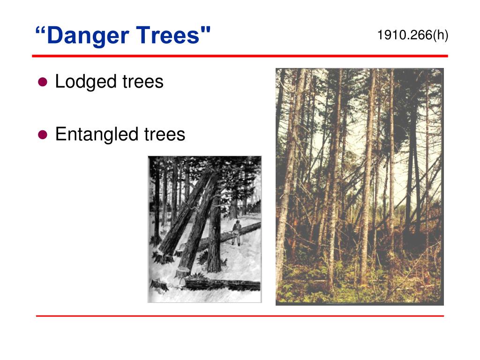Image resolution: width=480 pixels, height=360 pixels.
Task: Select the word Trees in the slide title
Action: (x=168, y=36)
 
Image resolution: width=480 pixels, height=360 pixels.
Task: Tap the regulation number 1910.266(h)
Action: (x=412, y=35)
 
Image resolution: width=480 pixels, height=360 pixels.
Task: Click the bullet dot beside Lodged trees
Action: (x=43, y=82)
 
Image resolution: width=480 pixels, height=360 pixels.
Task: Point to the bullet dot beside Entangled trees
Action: (x=43, y=135)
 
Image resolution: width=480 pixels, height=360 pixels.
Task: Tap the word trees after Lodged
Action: (x=142, y=82)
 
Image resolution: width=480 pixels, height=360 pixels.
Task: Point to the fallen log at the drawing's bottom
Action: (x=223, y=284)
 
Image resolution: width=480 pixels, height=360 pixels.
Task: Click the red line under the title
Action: (x=240, y=56)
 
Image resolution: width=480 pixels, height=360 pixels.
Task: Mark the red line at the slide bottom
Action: (x=240, y=316)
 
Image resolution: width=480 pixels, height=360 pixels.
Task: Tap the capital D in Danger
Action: (x=54, y=36)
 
